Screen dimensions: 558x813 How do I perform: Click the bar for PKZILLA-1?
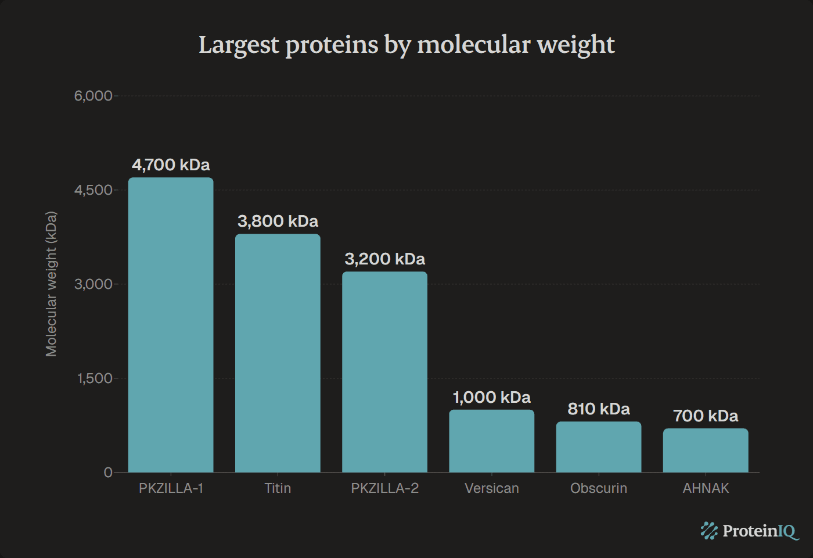pos(171,325)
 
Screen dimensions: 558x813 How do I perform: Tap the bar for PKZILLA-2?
pos(384,372)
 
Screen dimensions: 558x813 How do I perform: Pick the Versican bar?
pos(491,441)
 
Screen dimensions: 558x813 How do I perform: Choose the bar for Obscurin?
pos(599,447)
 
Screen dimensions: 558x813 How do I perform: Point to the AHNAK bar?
pos(706,450)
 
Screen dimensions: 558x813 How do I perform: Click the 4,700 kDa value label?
pos(171,165)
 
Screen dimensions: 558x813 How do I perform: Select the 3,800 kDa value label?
pos(278,221)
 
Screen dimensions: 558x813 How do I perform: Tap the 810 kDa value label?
pos(599,409)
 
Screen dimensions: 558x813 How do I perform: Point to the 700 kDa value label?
pos(706,416)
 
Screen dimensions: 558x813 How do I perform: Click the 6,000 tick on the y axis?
pos(93,96)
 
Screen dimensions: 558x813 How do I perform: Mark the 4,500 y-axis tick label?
pos(93,190)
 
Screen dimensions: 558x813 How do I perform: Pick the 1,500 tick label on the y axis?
pos(95,378)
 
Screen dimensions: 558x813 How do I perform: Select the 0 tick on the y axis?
pos(108,473)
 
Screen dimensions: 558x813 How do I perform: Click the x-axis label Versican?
pos(491,488)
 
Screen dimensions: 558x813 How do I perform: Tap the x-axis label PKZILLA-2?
pos(384,488)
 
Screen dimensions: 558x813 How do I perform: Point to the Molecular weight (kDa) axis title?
pos(51,284)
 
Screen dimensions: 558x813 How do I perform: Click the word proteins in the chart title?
pos(332,45)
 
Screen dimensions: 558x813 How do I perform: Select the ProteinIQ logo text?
pos(760,531)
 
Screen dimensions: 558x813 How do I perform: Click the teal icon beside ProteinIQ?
pos(709,531)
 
